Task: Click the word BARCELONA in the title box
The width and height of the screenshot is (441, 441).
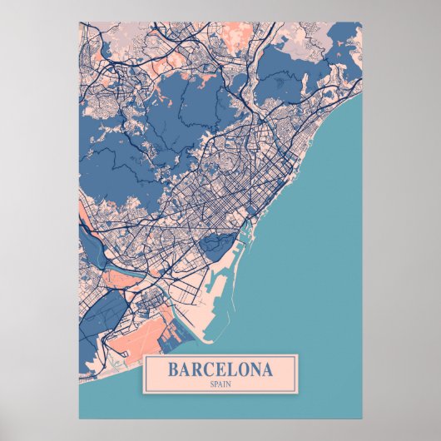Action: tap(220, 369)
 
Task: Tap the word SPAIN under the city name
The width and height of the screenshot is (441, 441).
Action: tap(220, 384)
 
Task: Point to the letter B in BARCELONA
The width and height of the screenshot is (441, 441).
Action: tap(174, 369)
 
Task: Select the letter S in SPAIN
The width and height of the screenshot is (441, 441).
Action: tap(212, 384)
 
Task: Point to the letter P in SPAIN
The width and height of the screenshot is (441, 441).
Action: tap(216, 384)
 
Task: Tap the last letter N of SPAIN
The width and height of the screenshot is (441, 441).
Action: tap(229, 384)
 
